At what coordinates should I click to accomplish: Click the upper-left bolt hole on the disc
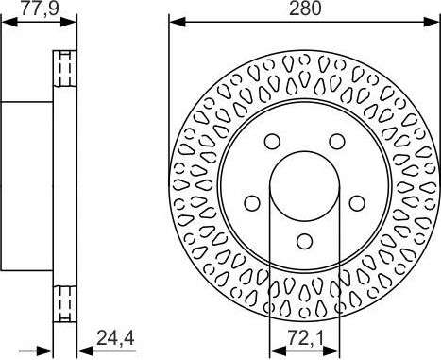tap(272, 141)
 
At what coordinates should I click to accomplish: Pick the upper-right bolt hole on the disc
tap(335, 141)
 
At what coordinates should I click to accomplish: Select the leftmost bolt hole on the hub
tap(251, 201)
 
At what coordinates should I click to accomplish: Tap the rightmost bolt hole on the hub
tap(356, 201)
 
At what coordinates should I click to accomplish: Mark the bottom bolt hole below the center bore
tap(304, 239)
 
